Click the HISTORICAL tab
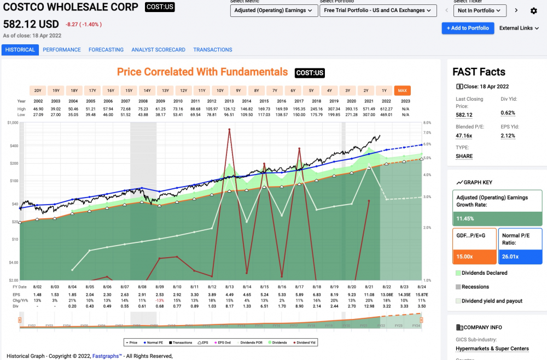tap(20, 50)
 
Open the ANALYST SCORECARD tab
tap(158, 50)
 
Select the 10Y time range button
tap(220, 91)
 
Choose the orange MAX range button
tap(402, 91)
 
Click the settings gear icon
tap(534, 10)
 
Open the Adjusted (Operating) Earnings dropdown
tap(272, 10)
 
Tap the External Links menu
tap(519, 28)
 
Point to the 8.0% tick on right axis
tap(428, 123)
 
